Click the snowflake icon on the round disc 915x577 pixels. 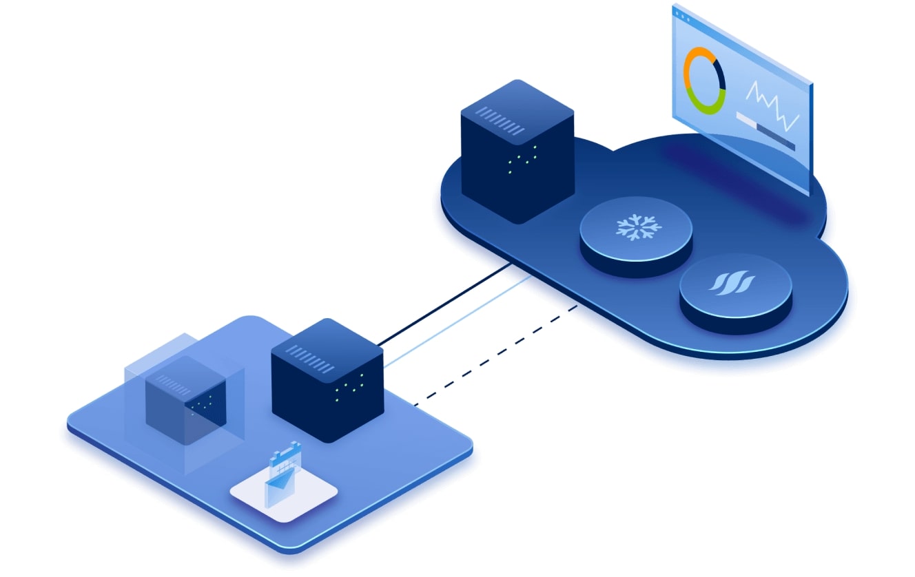pyautogui.click(x=637, y=228)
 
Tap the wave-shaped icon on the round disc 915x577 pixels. pyautogui.click(x=736, y=284)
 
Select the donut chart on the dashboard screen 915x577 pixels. pyautogui.click(x=704, y=81)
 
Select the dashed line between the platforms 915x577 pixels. pyautogui.click(x=496, y=355)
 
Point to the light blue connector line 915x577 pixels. pyautogui.click(x=458, y=321)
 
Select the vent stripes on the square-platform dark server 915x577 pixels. pyautogui.click(x=313, y=357)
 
